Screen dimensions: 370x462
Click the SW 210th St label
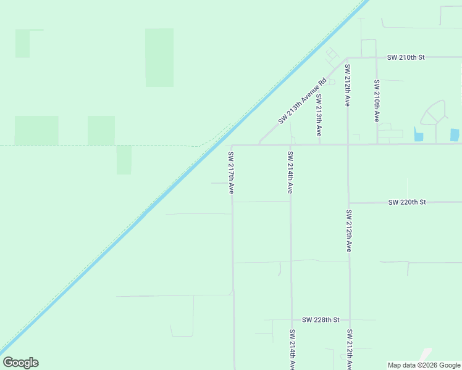point(406,57)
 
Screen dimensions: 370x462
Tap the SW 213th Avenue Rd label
point(301,101)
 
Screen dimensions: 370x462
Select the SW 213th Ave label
point(319,115)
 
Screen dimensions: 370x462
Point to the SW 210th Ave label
point(376,101)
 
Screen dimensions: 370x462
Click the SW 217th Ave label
point(231,173)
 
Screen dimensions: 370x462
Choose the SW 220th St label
point(407,202)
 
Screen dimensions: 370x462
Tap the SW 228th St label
point(321,320)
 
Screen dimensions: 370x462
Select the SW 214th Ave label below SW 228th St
point(291,349)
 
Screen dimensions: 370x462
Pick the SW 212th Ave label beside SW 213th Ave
point(348,85)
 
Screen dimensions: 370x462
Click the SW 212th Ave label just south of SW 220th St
point(349,231)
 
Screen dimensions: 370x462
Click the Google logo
point(20,363)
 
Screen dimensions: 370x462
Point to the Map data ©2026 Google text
point(424,365)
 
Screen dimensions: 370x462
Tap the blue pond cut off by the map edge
point(455,135)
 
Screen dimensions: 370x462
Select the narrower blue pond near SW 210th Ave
point(418,134)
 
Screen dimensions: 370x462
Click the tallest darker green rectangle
point(159,57)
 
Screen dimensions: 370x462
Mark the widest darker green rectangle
point(36,130)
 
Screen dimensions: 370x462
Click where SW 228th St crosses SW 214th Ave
point(291,320)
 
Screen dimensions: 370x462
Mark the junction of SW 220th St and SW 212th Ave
point(349,202)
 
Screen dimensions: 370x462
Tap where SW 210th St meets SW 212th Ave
point(348,57)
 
